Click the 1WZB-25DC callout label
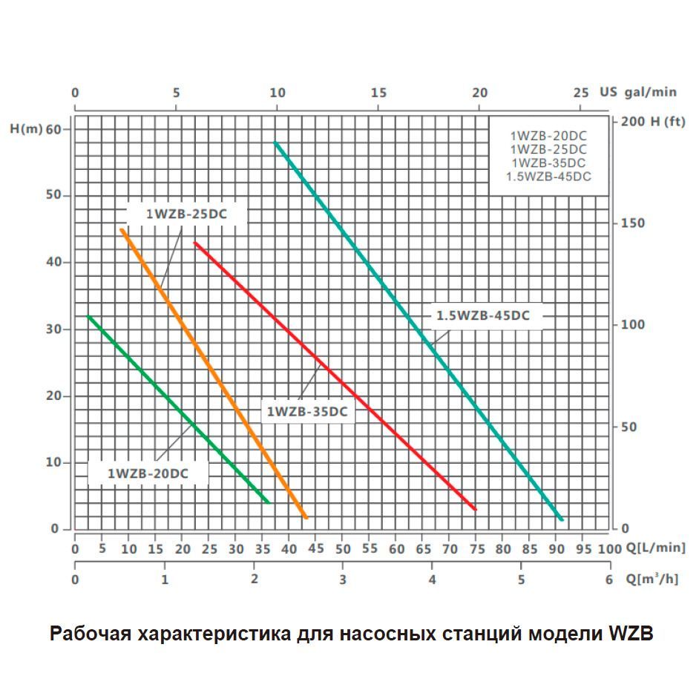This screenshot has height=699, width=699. (186, 214)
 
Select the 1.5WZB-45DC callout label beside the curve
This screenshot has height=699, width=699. (482, 315)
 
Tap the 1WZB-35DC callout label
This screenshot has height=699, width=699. (307, 411)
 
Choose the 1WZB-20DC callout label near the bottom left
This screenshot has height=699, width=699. (148, 473)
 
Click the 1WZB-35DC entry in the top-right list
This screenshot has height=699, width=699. (548, 163)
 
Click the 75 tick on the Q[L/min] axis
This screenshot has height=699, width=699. (477, 549)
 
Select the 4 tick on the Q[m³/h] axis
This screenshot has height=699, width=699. (433, 580)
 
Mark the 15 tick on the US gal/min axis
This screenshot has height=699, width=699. (378, 93)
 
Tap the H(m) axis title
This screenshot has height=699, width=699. (27, 128)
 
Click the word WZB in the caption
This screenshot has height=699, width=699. (631, 635)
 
